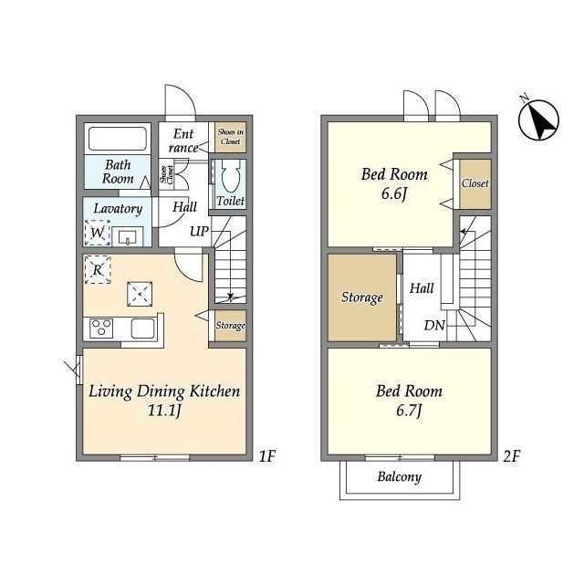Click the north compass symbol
[x=538, y=120]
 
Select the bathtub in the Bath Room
[x=118, y=139]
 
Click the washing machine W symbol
[x=98, y=233]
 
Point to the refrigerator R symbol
[x=98, y=269]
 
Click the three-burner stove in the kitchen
[x=101, y=328]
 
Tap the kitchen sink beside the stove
[x=142, y=328]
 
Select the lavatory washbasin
[x=128, y=236]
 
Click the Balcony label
[x=400, y=476]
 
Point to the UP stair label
[x=199, y=231]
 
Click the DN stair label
[x=434, y=326]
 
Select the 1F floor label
[x=266, y=456]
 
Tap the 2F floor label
[x=511, y=456]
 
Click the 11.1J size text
[x=164, y=411]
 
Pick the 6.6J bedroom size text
[x=394, y=193]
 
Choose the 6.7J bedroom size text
[x=409, y=411]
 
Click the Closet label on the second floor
[x=474, y=183]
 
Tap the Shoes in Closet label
[x=231, y=137]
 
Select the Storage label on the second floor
[x=362, y=297]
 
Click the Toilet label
[x=231, y=201]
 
